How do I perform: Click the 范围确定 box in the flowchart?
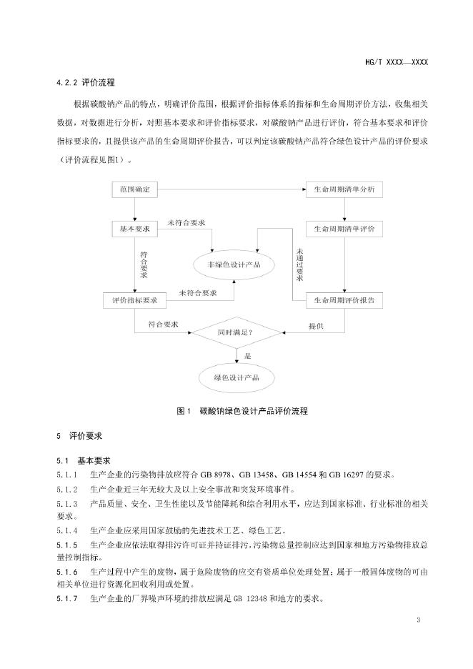[135, 190]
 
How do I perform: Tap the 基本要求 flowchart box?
[135, 229]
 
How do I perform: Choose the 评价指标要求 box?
[135, 301]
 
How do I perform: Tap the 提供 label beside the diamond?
[316, 326]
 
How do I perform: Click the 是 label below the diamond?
[249, 355]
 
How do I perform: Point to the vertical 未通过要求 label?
[300, 264]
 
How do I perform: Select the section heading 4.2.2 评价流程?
[85, 82]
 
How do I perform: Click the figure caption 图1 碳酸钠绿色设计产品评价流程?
[236, 411]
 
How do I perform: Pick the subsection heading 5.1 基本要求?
[84, 460]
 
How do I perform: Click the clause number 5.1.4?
[66, 530]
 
